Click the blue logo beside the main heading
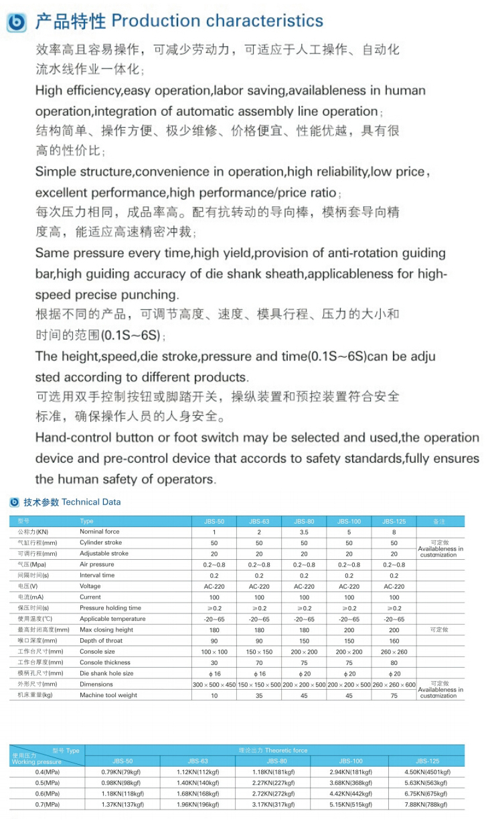pos(16,22)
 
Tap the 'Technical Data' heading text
pos(91,502)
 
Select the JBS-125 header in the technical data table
pos(394,521)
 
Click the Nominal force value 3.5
pos(304,532)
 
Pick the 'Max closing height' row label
pos(106,629)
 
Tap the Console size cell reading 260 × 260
pos(394,652)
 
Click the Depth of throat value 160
pos(394,641)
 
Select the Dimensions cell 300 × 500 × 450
pos(214,684)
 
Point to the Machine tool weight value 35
pos(259,695)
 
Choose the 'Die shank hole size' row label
pos(106,673)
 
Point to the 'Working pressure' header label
pos(37,762)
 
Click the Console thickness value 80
pos(394,662)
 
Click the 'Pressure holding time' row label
pos(110,608)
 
